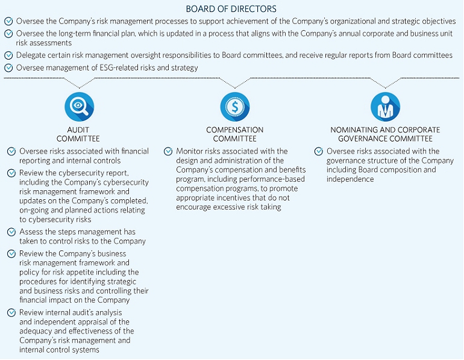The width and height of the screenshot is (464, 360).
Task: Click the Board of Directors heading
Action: pos(231,9)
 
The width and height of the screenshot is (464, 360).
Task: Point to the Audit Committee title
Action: pos(80,134)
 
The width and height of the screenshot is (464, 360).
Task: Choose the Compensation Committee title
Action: pos(234,134)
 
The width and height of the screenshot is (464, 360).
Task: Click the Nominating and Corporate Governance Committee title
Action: pos(385,134)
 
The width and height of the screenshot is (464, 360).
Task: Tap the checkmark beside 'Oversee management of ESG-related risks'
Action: pos(8,68)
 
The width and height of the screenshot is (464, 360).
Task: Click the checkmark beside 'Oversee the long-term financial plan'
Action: pos(8,34)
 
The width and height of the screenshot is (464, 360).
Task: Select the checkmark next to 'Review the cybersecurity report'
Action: pos(11,173)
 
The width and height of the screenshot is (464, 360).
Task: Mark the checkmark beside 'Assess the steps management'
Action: pos(11,232)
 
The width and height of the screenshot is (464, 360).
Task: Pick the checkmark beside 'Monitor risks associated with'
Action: pos(168,151)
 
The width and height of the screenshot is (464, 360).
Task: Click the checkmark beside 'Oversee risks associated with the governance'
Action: pos(319,151)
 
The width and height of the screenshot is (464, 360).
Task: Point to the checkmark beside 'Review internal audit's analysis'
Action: pos(11,312)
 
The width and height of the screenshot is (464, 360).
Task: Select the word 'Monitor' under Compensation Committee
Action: pos(189,151)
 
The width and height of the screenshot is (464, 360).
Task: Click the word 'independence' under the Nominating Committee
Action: pos(350,179)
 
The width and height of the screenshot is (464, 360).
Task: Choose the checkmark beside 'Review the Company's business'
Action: pos(11,254)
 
